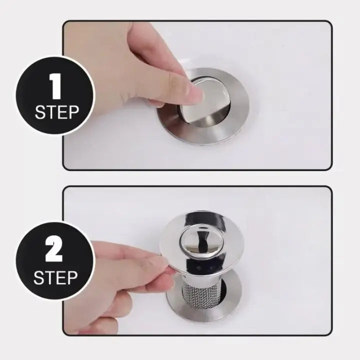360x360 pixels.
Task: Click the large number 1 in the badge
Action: click(56, 88)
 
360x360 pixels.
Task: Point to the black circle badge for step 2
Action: click(54, 260)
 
